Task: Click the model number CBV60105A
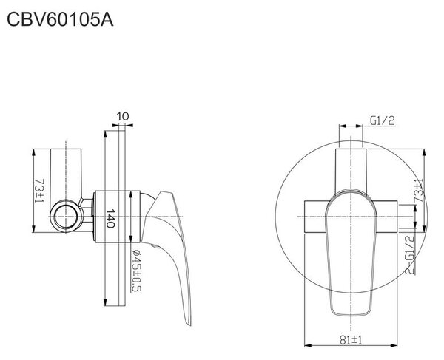pyautogui.click(x=60, y=20)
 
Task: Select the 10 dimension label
pyautogui.click(x=123, y=116)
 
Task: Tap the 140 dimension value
pyautogui.click(x=110, y=218)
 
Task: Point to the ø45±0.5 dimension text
pyautogui.click(x=136, y=271)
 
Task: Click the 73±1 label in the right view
pyautogui.click(x=419, y=191)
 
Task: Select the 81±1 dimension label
pyautogui.click(x=351, y=340)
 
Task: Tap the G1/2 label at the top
pyautogui.click(x=383, y=120)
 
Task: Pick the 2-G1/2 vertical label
pyautogui.click(x=410, y=254)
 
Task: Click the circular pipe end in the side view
pyautogui.click(x=66, y=217)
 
